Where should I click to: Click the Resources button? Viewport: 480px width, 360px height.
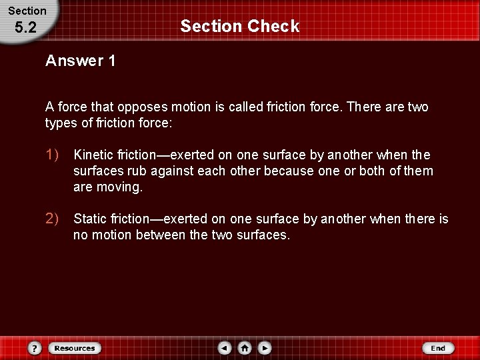click(x=75, y=348)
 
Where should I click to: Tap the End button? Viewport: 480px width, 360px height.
click(x=438, y=348)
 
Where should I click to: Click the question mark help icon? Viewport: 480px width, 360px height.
click(x=35, y=348)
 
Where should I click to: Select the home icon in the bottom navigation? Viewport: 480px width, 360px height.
click(x=245, y=348)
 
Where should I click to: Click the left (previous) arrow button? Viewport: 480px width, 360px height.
click(x=225, y=348)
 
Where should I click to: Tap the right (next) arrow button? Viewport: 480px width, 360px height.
click(x=265, y=348)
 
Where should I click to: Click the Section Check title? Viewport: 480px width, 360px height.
click(x=240, y=27)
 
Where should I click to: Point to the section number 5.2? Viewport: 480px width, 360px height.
click(x=25, y=28)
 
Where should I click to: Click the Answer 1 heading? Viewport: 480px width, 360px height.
click(x=81, y=61)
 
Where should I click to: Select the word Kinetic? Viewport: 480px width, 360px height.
click(x=93, y=155)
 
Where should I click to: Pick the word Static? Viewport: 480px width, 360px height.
click(x=91, y=219)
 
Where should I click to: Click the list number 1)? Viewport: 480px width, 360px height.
click(x=53, y=155)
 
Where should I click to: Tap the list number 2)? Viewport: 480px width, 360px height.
click(x=53, y=219)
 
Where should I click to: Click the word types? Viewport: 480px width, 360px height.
click(x=61, y=123)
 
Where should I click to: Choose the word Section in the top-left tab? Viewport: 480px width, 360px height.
click(x=27, y=11)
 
